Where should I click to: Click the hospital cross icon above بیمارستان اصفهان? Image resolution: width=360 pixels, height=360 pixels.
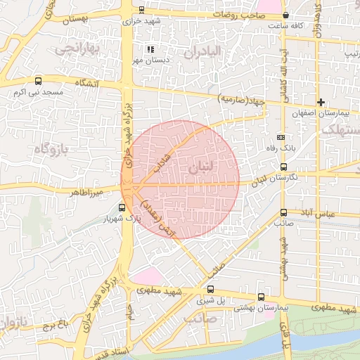pos(321,103)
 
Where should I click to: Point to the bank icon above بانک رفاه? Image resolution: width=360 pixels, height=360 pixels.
pos(281,137)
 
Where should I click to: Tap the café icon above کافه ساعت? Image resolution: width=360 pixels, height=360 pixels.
pos(285,15)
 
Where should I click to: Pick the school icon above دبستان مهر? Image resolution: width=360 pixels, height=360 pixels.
pos(149,49)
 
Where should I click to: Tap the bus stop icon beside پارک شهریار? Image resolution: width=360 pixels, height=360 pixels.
pos(122,207)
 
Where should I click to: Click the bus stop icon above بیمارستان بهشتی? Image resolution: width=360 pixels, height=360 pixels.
pos(262,297)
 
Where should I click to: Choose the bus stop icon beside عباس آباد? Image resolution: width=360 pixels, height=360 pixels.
pos(283,212)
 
